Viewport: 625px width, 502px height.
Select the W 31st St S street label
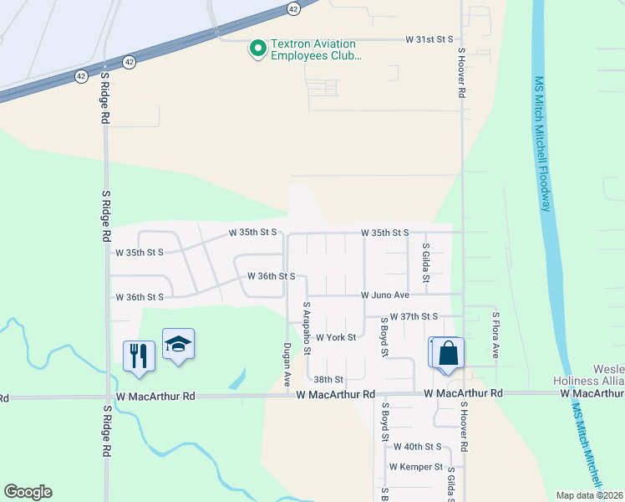coord(429,39)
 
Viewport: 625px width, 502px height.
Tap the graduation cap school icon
coord(178,344)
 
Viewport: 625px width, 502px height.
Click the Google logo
coord(28,492)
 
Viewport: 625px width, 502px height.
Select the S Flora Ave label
coord(495,336)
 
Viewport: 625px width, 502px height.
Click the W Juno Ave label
coord(385,295)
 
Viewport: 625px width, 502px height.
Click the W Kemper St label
coord(415,467)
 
